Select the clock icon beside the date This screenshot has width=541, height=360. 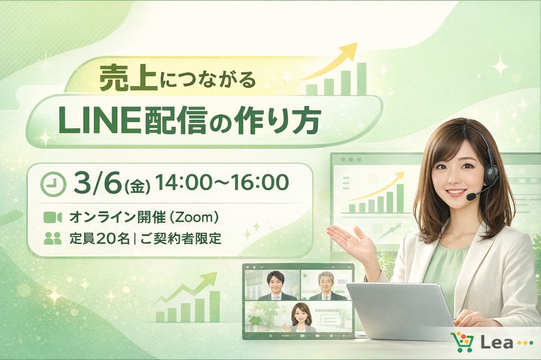[x=53, y=184]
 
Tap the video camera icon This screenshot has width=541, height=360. [x=52, y=217]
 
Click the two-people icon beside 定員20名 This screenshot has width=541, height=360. [x=52, y=238]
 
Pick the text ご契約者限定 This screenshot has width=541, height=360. [x=181, y=238]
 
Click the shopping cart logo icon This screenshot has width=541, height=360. [x=462, y=342]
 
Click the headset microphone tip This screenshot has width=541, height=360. [x=471, y=197]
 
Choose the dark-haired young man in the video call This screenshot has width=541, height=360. [x=275, y=286]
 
